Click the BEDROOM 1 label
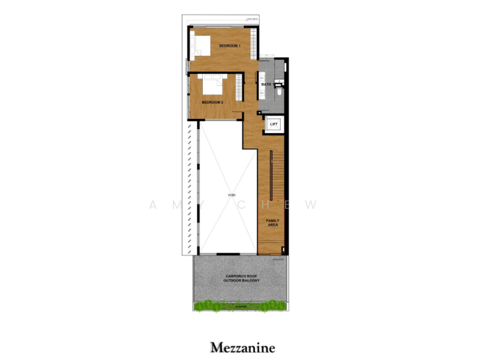[229, 46]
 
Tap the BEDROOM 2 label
[212, 103]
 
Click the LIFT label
[274, 124]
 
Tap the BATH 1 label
[267, 85]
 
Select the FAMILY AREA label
[273, 223]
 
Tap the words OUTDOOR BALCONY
[240, 281]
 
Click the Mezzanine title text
[242, 347]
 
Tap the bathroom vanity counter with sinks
[262, 67]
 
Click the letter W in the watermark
[311, 204]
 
